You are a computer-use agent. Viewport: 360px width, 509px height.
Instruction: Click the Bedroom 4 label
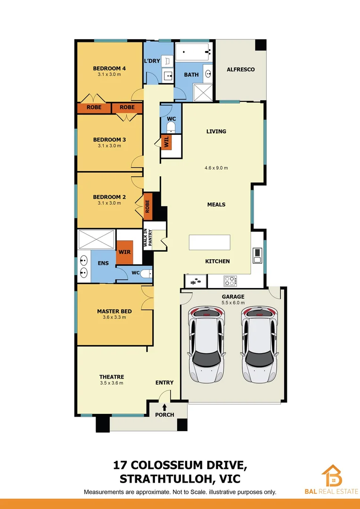pyautogui.click(x=109, y=68)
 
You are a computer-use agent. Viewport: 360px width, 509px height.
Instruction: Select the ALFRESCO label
pyautogui.click(x=240, y=69)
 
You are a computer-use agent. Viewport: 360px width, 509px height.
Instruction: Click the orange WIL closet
pyautogui.click(x=166, y=142)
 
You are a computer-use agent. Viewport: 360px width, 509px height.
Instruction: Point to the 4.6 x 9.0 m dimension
pyautogui.click(x=216, y=168)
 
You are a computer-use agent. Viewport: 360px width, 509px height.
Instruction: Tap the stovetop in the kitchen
pyautogui.click(x=229, y=281)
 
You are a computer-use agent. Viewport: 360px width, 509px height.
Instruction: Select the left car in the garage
pyautogui.click(x=205, y=344)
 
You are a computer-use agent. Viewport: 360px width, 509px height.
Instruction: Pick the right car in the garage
pyautogui.click(x=259, y=344)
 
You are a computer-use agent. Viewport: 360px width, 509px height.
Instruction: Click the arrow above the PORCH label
pyautogui.click(x=164, y=407)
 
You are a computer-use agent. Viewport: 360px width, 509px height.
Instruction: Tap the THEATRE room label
pyautogui.click(x=112, y=377)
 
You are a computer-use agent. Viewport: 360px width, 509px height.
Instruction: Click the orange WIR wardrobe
pyautogui.click(x=125, y=253)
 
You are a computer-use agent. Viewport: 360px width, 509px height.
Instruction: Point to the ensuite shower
pyautogui.click(x=97, y=239)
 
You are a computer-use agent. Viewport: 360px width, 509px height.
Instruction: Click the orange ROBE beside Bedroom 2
pyautogui.click(x=147, y=206)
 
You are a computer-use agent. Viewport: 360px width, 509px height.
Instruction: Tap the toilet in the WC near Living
pyautogui.click(x=171, y=126)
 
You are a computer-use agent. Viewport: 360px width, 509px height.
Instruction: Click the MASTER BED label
pyautogui.click(x=114, y=311)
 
